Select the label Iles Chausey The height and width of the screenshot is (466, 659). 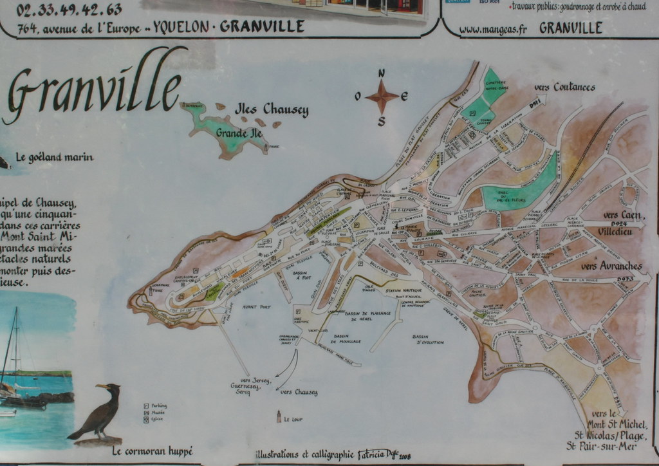(x=272, y=109)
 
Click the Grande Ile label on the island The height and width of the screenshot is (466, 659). (x=239, y=133)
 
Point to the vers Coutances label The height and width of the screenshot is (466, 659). (x=564, y=88)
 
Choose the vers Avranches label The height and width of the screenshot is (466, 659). (x=611, y=266)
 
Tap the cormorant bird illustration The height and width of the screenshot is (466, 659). (x=100, y=412)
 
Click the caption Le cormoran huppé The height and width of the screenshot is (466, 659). (x=152, y=451)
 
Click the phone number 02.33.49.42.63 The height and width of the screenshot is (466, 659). (x=69, y=9)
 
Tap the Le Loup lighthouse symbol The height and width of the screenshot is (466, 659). (x=279, y=416)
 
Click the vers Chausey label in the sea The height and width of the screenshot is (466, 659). (x=299, y=391)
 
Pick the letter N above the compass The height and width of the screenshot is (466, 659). (x=382, y=73)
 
